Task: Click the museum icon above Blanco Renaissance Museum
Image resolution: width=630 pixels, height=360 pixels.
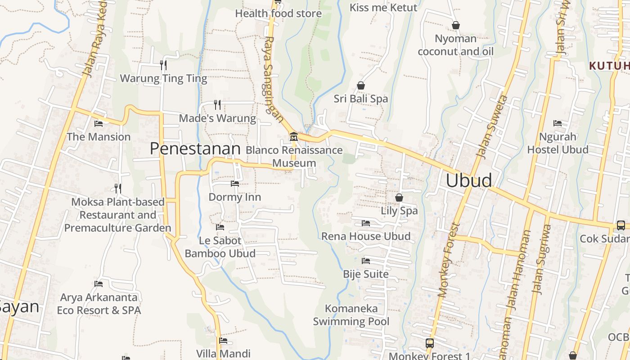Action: click(x=293, y=136)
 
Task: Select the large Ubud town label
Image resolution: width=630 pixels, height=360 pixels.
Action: click(x=468, y=180)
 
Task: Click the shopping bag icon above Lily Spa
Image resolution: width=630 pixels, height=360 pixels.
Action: click(x=399, y=198)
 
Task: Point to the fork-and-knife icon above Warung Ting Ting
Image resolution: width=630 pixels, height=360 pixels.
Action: click(x=163, y=65)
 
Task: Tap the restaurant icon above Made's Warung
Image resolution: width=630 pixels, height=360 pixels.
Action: click(x=217, y=105)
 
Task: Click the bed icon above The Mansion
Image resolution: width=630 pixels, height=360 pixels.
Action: click(x=99, y=124)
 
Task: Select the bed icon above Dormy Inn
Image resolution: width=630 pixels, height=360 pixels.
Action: click(x=234, y=184)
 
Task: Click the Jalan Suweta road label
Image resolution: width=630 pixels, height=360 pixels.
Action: click(x=492, y=127)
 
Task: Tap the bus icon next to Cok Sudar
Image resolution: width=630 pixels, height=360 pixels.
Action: click(x=621, y=225)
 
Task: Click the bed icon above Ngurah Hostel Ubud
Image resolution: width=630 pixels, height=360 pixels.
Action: click(x=558, y=123)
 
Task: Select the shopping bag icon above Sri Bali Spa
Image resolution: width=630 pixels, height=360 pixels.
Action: click(x=360, y=85)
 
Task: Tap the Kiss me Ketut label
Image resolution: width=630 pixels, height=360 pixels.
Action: click(x=383, y=8)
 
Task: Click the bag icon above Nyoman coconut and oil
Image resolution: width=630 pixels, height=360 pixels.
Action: click(x=455, y=26)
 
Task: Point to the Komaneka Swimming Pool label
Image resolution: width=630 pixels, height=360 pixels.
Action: click(x=351, y=315)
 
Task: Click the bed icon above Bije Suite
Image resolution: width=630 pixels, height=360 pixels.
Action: click(x=366, y=261)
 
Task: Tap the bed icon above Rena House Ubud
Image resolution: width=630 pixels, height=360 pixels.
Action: click(x=366, y=223)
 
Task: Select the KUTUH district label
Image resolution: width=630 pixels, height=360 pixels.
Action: click(x=609, y=66)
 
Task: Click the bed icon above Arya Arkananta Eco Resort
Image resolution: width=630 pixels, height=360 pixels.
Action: click(x=99, y=284)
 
